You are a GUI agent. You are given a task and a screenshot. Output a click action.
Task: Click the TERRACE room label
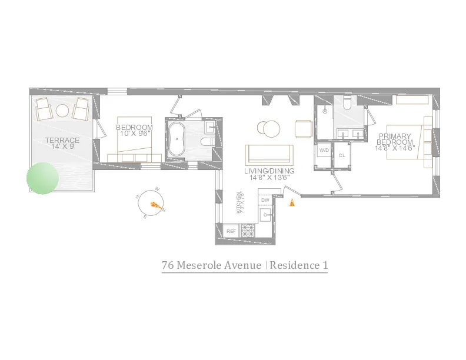point(62,140)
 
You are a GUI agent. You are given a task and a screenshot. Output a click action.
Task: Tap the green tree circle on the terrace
point(43,178)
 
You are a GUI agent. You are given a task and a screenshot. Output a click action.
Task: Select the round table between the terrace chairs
point(62,110)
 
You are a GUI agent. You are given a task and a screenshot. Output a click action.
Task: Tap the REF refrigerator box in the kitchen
point(231,231)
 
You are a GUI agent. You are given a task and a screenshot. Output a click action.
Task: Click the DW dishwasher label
point(265,200)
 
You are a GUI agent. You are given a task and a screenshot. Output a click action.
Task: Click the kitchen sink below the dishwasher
point(266,215)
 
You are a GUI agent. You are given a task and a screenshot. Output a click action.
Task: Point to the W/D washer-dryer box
point(324,151)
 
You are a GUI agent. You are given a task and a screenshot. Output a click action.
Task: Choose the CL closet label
point(342,155)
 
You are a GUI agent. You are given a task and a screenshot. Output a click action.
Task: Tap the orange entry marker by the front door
point(292,203)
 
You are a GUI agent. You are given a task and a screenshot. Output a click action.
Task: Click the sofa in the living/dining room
point(269,154)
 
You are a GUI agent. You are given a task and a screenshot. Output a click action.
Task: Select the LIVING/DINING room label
point(269,171)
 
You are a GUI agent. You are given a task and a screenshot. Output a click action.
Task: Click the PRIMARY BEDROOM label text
point(395,139)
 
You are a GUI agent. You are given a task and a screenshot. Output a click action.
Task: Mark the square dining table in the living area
point(304,128)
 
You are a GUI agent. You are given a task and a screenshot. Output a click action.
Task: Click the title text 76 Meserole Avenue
point(212,265)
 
